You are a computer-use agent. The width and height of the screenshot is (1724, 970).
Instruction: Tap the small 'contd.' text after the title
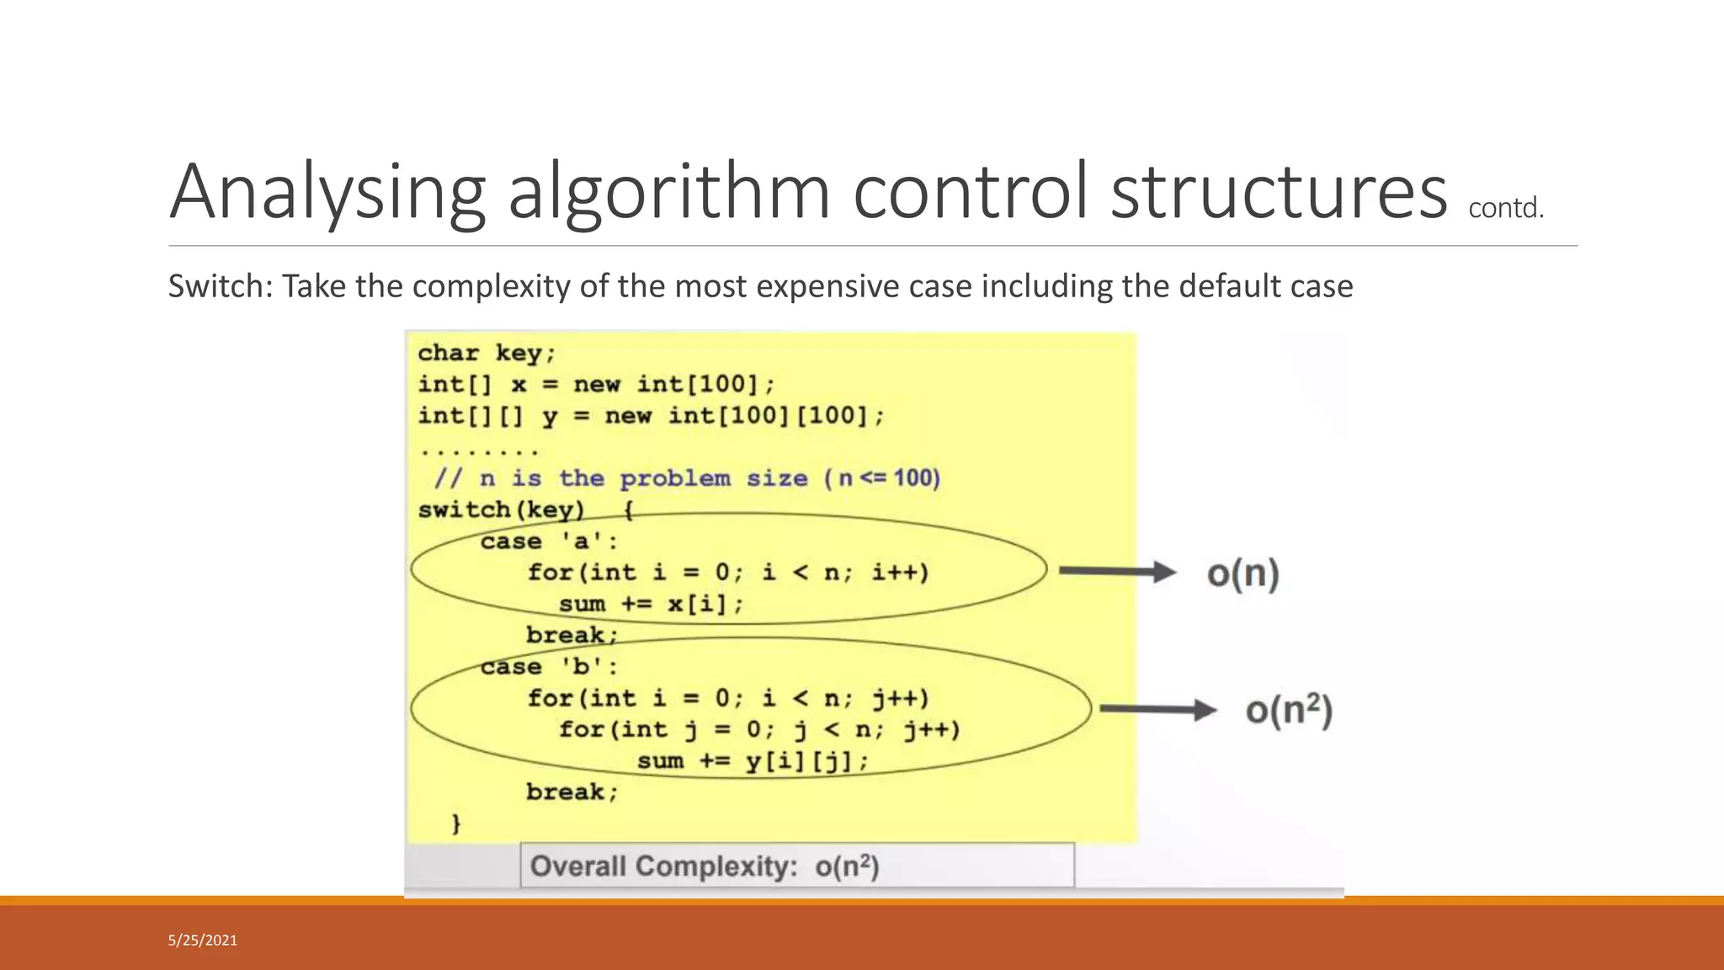pos(1506,208)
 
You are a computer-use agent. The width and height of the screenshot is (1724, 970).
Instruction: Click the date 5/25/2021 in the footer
pos(203,941)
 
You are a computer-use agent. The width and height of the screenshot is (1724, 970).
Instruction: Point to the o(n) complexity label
pos(1242,573)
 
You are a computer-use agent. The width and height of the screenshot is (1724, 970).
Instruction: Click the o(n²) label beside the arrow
pos(1289,711)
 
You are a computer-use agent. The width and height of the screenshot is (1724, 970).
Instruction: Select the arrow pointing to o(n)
pos(1116,572)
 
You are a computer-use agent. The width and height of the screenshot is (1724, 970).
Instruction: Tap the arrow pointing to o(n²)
pos(1157,710)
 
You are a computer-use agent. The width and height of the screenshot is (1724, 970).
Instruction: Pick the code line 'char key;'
pos(487,353)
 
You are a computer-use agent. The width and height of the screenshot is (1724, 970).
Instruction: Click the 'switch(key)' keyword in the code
pos(501,509)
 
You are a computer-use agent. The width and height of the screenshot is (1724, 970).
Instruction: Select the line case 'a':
pos(549,541)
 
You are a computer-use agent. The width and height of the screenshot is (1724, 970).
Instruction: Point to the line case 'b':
pos(549,667)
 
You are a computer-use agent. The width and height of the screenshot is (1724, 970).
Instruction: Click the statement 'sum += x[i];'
pos(651,604)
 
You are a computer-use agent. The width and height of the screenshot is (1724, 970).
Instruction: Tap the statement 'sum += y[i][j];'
pos(752,761)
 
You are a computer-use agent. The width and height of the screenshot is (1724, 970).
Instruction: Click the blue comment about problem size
pos(687,478)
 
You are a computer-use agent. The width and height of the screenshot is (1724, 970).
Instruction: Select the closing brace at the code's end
pos(456,823)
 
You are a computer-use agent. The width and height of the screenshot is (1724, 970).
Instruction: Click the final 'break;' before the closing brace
pos(572,791)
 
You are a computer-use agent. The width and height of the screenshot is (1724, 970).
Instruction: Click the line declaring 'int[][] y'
pos(651,415)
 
